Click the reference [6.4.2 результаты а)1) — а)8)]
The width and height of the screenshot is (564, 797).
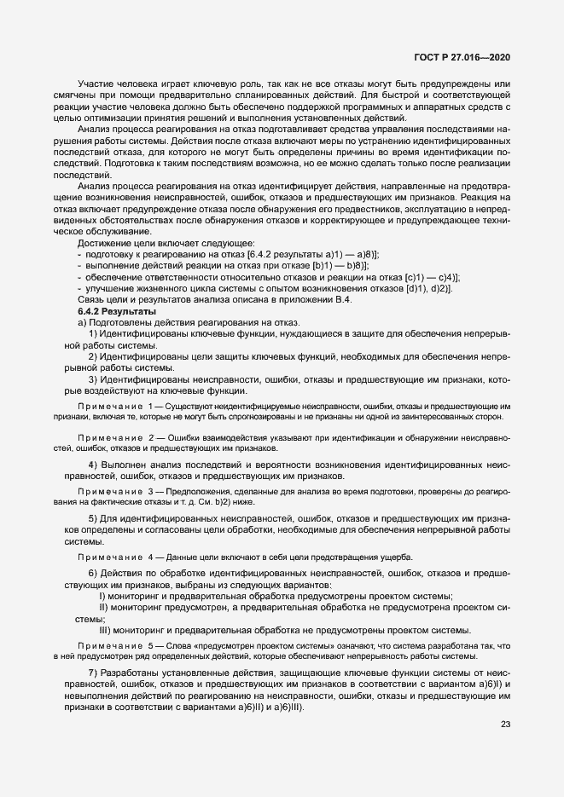click(x=313, y=278)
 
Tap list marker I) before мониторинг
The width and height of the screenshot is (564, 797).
click(x=102, y=596)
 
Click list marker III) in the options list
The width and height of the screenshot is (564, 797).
click(x=106, y=629)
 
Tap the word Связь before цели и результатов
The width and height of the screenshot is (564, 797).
click(x=94, y=324)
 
